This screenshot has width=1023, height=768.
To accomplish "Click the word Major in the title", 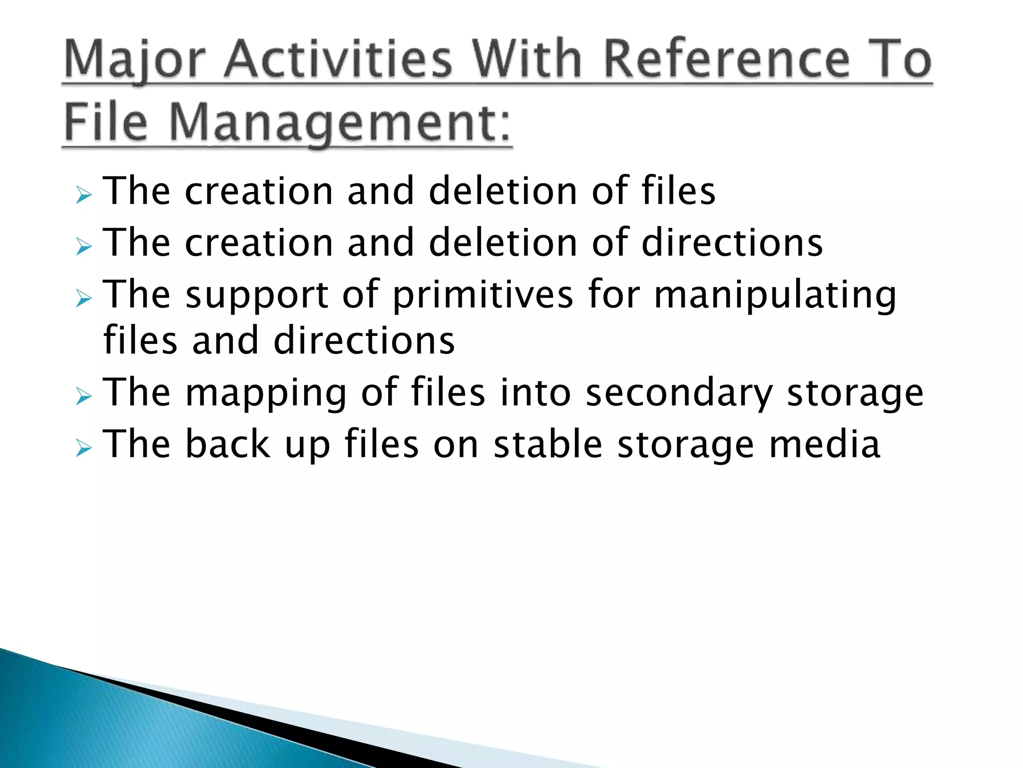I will pos(135,60).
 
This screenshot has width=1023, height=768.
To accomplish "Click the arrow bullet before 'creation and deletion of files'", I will pos(84,194).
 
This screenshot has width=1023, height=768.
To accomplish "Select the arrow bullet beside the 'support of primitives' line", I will pos(84,298).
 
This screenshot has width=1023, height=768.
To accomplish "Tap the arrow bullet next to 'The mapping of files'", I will pos(84,396).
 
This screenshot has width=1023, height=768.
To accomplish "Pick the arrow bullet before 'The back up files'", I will pos(84,448).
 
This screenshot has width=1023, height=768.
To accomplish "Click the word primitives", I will pos(483,295).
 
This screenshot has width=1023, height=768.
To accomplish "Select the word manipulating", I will pos(775,295).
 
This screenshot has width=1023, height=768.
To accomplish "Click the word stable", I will pos(547,444).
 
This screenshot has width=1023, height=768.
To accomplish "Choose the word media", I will pos(824,444).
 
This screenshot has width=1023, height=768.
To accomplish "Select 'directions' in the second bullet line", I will pos(731,243).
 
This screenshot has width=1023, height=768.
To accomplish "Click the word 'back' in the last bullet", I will pos(228,444).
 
